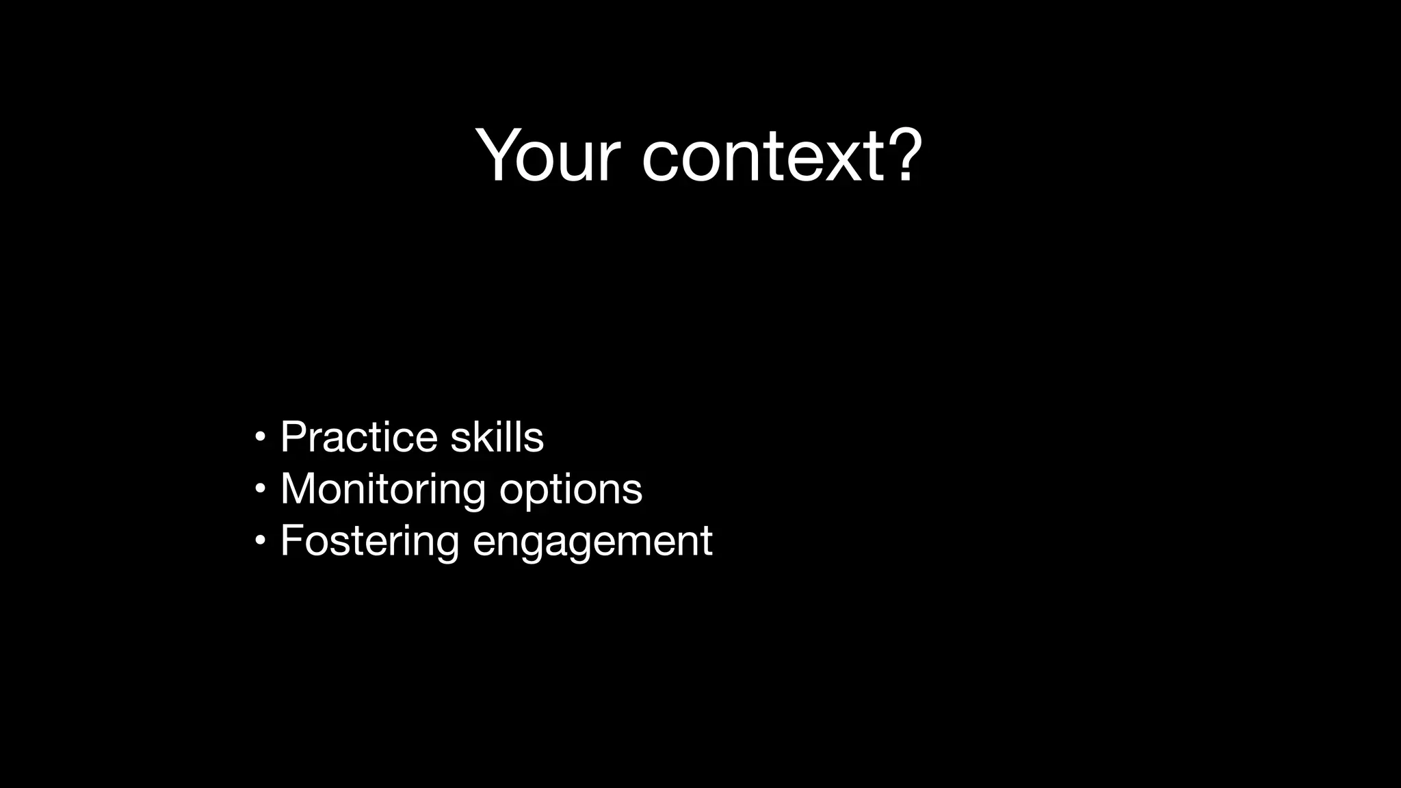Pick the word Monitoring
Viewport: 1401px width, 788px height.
tap(383, 489)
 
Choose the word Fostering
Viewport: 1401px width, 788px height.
tap(369, 541)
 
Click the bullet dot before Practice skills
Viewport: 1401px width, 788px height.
tap(259, 436)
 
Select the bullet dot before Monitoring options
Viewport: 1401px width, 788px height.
tap(259, 488)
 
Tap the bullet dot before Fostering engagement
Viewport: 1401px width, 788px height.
tap(259, 540)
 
